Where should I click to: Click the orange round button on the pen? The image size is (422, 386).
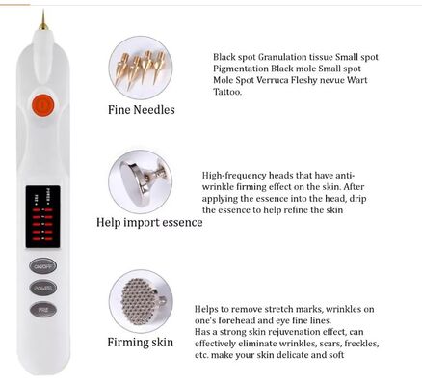40,104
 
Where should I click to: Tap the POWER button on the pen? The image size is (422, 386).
40,287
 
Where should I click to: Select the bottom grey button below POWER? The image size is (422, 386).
40,309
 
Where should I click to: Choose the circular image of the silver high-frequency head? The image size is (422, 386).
141,179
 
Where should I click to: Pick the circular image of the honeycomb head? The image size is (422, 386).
141,301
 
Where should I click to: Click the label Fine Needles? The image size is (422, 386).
141,110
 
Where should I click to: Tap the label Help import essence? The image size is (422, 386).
149,222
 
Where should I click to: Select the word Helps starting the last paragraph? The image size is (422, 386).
210,308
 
